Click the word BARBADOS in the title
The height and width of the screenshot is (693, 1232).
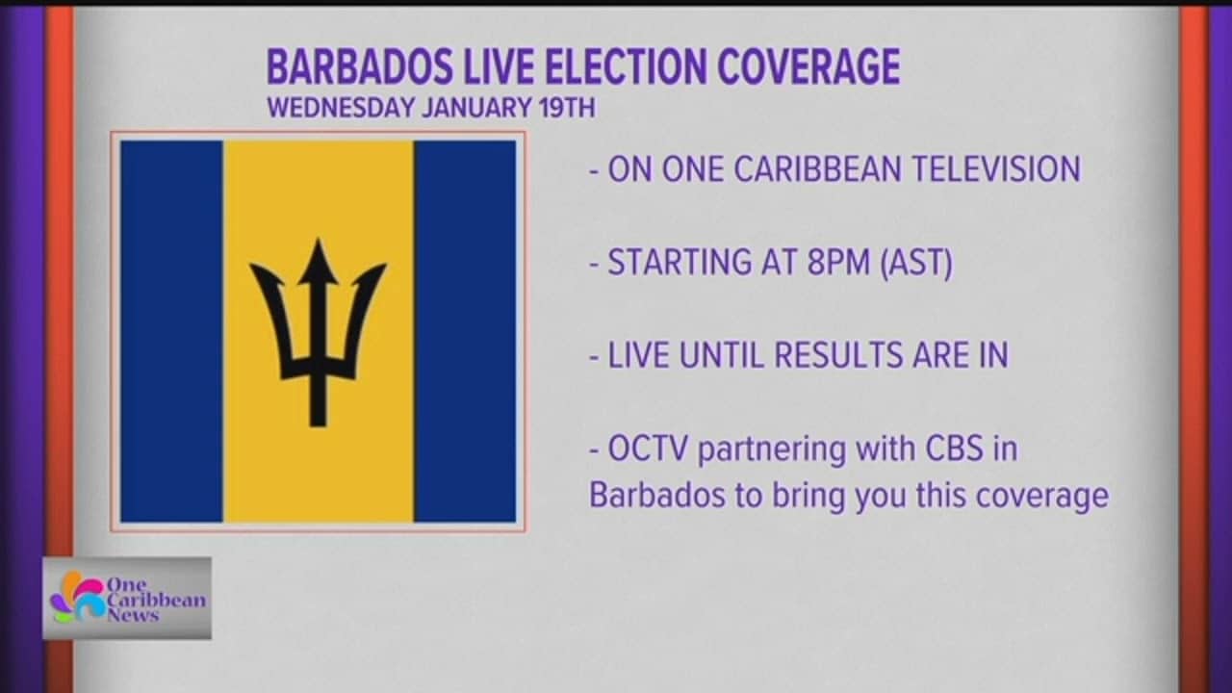click(360, 66)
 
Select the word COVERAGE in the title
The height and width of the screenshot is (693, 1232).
click(808, 66)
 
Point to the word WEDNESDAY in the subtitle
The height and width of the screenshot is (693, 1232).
click(341, 107)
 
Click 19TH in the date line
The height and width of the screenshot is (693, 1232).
click(567, 107)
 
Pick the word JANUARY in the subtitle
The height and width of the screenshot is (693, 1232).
click(476, 107)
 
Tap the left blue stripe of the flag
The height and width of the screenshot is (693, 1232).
click(172, 331)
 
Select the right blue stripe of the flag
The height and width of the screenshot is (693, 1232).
click(465, 331)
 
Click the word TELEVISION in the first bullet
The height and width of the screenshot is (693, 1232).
click(996, 168)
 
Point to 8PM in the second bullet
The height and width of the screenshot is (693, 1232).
click(838, 262)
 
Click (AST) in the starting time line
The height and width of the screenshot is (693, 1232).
click(916, 263)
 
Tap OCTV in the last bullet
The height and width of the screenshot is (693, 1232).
click(648, 449)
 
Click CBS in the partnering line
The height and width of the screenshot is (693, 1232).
click(955, 449)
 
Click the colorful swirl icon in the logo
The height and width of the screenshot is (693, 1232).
click(78, 598)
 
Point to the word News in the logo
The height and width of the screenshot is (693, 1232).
click(133, 615)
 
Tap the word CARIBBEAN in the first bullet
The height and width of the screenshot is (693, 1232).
click(818, 168)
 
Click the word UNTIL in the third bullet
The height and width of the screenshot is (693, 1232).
click(722, 355)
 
